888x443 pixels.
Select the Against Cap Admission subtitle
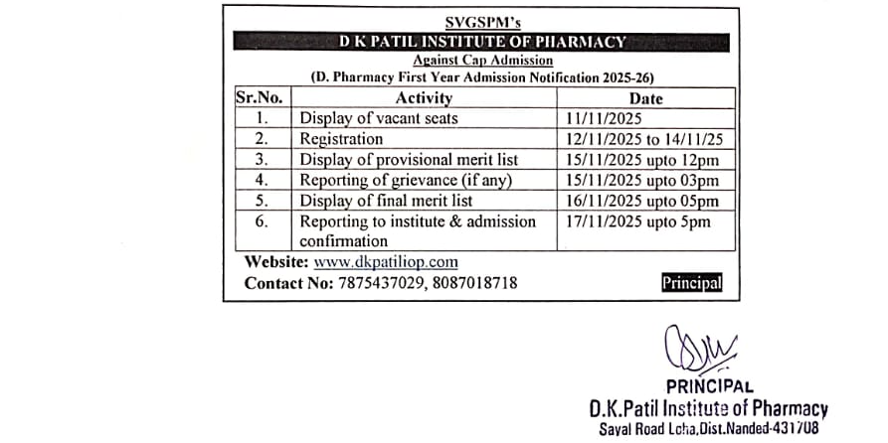[482, 60]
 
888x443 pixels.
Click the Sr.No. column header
[260, 98]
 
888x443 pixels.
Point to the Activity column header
[424, 98]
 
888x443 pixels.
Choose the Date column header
[646, 98]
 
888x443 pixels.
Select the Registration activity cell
[341, 139]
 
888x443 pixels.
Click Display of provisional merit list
[409, 160]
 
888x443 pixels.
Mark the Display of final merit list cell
[386, 201]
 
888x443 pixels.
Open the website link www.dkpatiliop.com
[386, 262]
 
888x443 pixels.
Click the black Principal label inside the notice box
[692, 283]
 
